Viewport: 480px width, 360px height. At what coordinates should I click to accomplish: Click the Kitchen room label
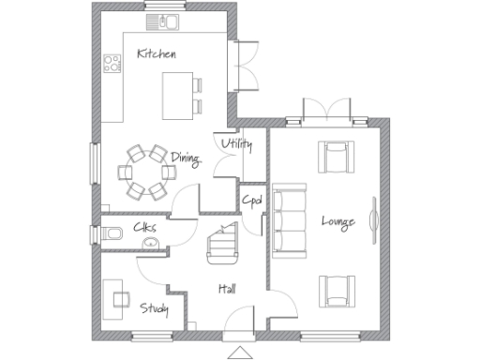pos(156,53)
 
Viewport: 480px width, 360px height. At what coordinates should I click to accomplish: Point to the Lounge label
pos(337,221)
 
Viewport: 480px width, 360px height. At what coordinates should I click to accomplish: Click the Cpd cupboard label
pos(251,200)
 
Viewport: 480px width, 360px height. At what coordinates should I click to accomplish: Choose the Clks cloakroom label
pos(144,227)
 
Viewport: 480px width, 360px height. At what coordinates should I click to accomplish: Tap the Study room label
pos(154,307)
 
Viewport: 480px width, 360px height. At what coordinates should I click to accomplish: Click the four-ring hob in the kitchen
pos(112,65)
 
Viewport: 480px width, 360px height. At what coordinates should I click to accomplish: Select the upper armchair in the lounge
pos(334,157)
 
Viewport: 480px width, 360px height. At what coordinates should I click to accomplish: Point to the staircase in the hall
pos(222,247)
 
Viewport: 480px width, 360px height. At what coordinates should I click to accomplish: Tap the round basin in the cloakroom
pos(148,245)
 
